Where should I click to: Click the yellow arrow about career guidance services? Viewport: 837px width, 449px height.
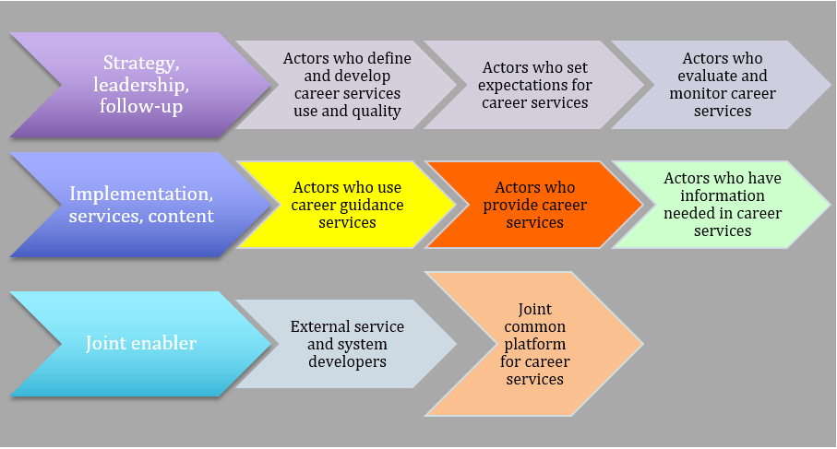(x=346, y=205)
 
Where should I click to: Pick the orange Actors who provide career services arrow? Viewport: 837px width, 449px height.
(x=534, y=205)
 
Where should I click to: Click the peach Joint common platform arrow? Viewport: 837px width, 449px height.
(x=534, y=344)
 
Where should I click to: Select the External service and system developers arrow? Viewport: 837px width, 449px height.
(x=346, y=344)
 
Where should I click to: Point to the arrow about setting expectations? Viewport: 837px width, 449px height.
(x=534, y=85)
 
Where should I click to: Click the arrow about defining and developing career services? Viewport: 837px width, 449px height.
(x=346, y=85)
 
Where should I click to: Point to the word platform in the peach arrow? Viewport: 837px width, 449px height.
(x=534, y=344)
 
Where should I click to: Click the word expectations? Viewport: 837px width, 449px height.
(x=534, y=85)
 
